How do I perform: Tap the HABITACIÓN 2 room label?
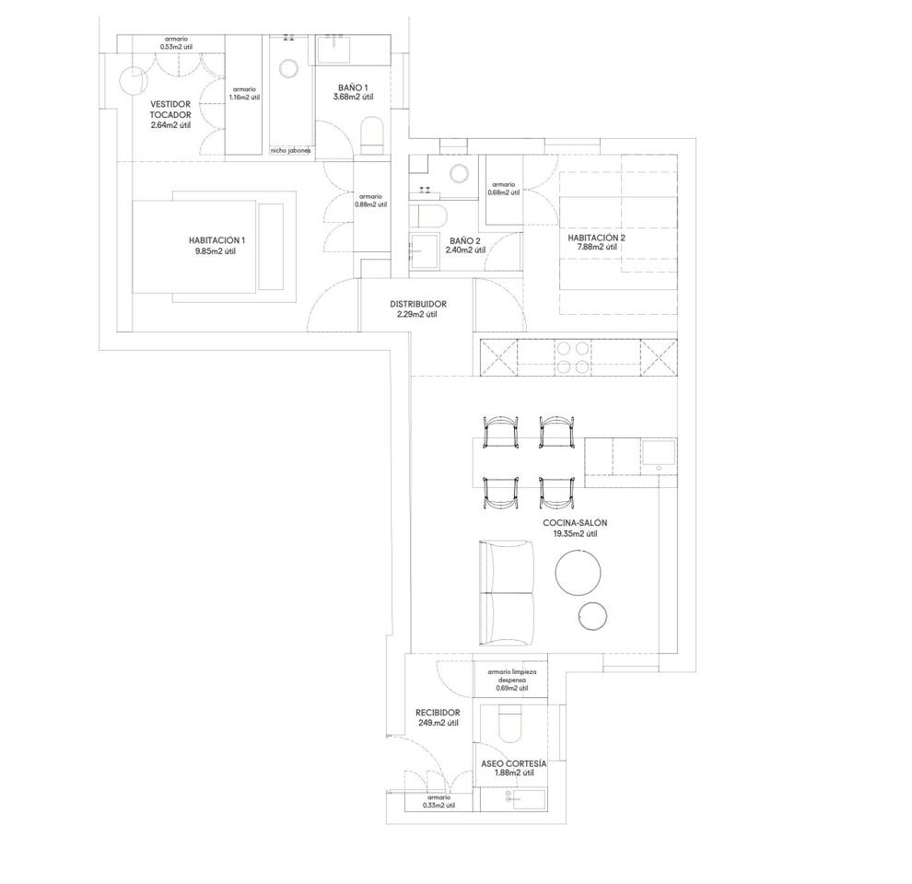click(596, 238)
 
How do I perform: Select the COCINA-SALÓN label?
click(575, 523)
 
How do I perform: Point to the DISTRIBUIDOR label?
click(418, 304)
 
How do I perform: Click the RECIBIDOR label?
click(438, 713)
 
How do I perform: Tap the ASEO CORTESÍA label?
click(514, 763)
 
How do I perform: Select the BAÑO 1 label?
click(353, 87)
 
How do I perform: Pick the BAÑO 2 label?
click(465, 240)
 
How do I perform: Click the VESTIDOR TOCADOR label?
click(170, 110)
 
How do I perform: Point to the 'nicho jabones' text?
click(290, 151)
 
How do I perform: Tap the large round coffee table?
click(579, 572)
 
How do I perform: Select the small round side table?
click(593, 616)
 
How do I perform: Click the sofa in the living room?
click(506, 593)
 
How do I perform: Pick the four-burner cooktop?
click(572, 357)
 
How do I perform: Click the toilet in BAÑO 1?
click(372, 136)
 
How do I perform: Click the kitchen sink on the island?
click(659, 456)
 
